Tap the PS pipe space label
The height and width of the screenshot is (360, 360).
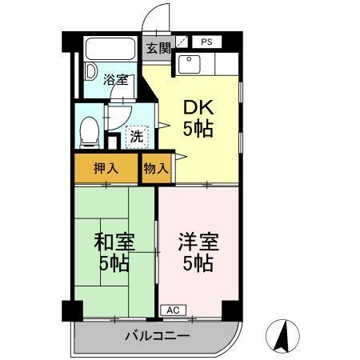pyautogui.click(x=206, y=42)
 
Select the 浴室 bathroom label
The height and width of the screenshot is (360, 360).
pyautogui.click(x=116, y=79)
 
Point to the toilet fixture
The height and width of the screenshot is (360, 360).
pyautogui.click(x=89, y=130)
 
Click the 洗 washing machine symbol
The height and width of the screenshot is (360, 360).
pyautogui.click(x=137, y=137)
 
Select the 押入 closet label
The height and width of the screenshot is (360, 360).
pyautogui.click(x=106, y=168)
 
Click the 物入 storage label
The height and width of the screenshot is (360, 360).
pyautogui.click(x=155, y=168)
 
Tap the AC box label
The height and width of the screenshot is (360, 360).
pyautogui.click(x=172, y=309)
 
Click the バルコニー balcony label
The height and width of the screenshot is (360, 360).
pyautogui.click(x=158, y=336)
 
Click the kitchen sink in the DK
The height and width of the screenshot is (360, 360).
pyautogui.click(x=190, y=64)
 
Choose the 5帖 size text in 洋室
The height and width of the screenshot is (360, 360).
pyautogui.click(x=198, y=265)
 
